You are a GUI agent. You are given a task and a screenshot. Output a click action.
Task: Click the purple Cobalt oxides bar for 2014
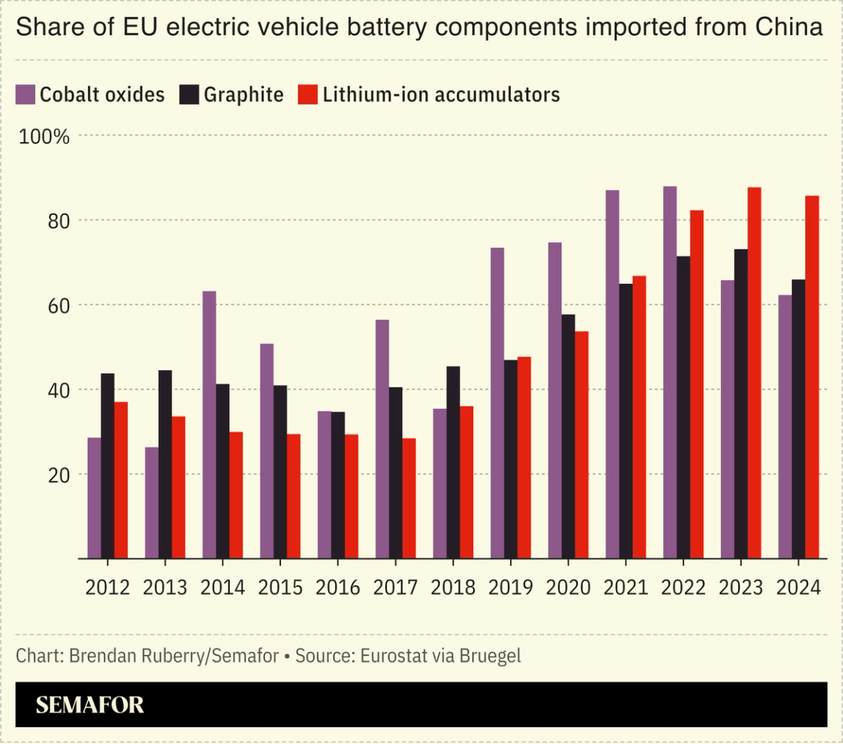[x=209, y=424]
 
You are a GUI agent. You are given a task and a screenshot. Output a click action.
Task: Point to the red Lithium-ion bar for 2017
[x=409, y=497]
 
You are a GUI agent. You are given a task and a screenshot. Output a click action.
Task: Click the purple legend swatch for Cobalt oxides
[x=26, y=94]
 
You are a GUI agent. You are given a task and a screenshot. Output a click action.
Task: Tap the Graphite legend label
[x=244, y=94]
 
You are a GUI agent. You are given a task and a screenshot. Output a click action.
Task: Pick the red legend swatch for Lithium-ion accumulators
[x=307, y=94]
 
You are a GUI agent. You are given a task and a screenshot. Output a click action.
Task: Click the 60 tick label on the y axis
[x=58, y=305]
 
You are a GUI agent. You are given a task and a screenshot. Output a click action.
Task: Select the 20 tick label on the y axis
[x=58, y=474]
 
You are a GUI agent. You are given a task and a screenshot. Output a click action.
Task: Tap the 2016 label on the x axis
[x=337, y=587]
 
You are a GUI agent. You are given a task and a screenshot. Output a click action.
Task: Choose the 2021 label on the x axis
[x=625, y=587]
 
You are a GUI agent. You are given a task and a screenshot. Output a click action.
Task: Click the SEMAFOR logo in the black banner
[x=90, y=704]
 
